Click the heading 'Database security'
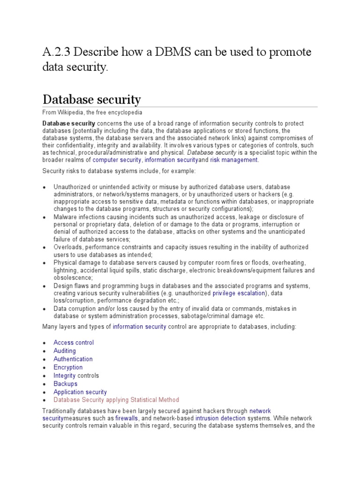point(91,99)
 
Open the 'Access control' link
point(74,343)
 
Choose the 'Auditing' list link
point(65,351)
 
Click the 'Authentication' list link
point(73,359)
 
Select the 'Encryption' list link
point(68,367)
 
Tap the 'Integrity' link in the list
point(64,375)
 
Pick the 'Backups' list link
point(65,384)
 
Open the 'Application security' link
point(80,392)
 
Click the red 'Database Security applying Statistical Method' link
point(116,400)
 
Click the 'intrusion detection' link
point(220,418)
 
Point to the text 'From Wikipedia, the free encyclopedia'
point(92,113)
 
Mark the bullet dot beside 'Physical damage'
point(44,263)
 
